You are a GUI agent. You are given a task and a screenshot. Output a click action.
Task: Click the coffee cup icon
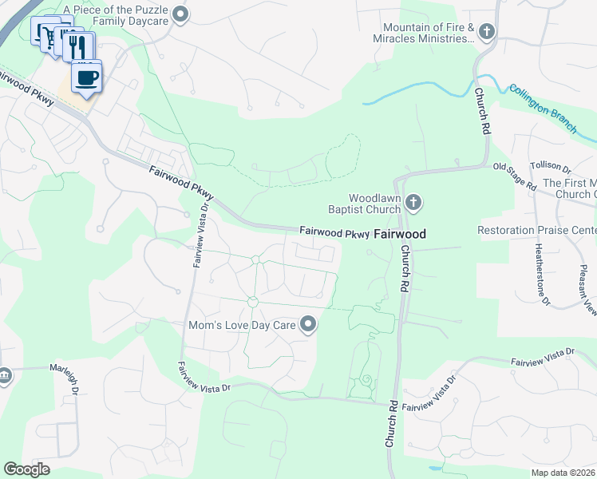coord(87,77)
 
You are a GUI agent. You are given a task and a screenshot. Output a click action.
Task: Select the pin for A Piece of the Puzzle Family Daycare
coord(180,13)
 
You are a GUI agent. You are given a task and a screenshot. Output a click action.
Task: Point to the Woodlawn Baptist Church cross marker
coord(413,203)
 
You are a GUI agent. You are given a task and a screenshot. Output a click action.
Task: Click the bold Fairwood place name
coord(400,234)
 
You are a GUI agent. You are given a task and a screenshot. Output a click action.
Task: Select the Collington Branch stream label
coord(543,109)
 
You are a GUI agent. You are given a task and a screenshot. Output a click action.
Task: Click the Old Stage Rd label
coord(514,176)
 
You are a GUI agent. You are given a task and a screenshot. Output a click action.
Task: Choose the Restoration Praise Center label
coord(537,230)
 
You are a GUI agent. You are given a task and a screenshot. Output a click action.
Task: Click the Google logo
coord(27,469)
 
